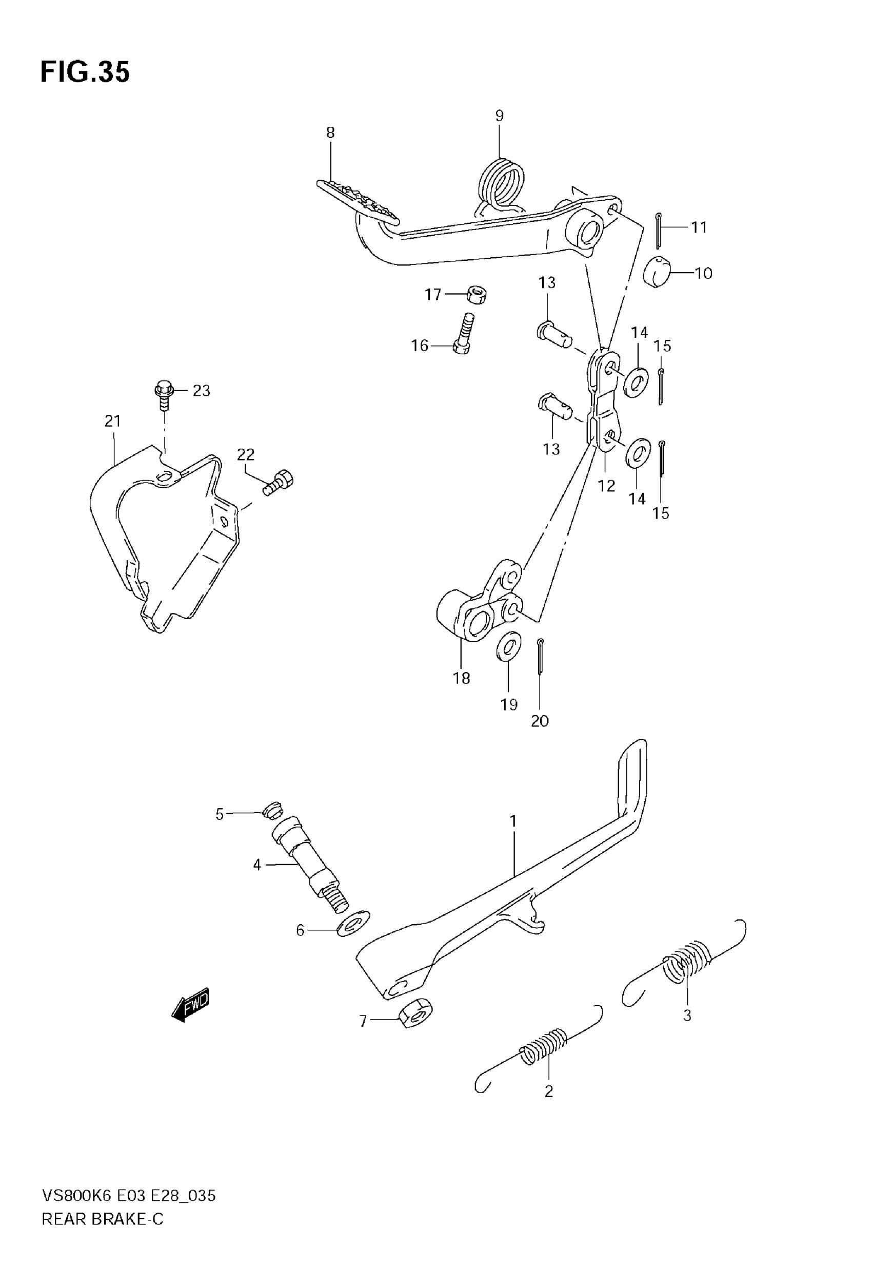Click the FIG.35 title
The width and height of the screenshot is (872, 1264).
click(85, 72)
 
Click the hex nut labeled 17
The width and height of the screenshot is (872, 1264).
click(477, 295)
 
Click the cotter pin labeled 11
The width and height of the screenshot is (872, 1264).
click(660, 229)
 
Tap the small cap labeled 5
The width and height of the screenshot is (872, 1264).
click(272, 811)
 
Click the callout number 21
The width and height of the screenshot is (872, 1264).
click(112, 421)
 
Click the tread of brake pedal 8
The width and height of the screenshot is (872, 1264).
click(358, 200)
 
